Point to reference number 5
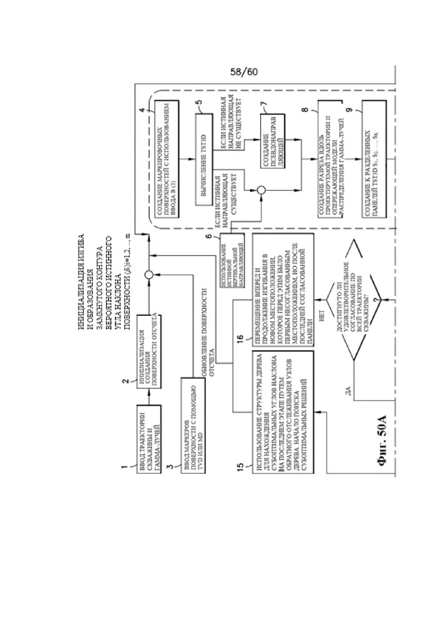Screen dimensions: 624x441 200,103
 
